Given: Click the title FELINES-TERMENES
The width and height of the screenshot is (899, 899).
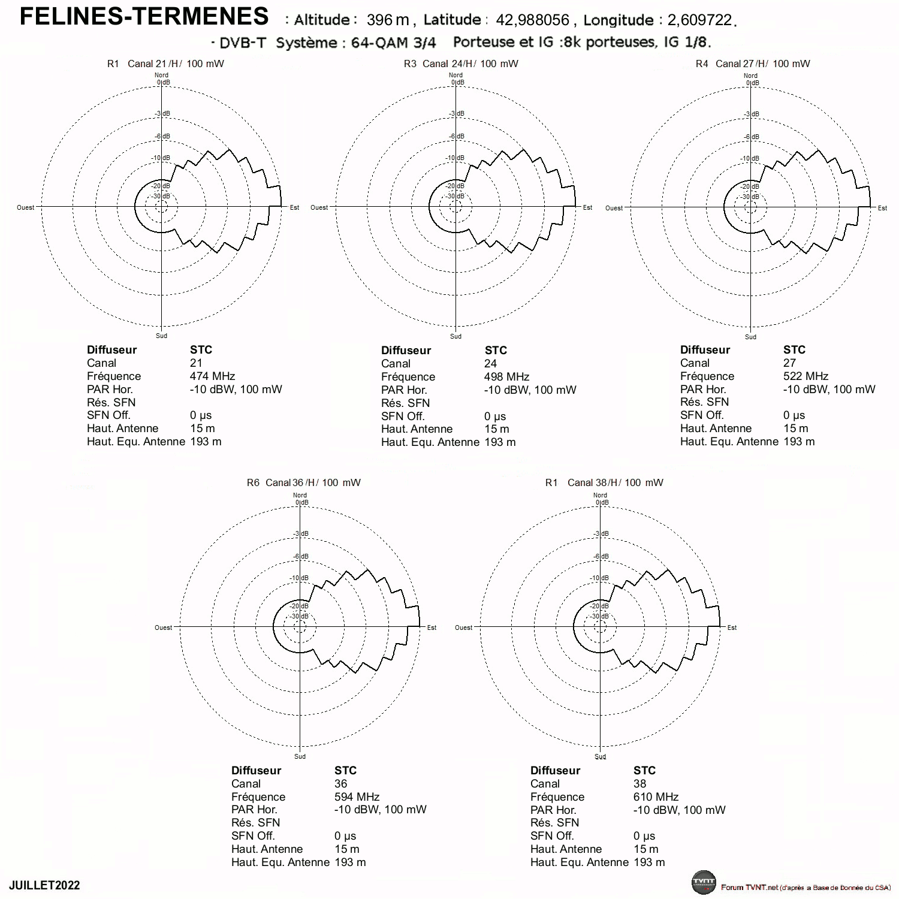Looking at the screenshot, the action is [144, 16].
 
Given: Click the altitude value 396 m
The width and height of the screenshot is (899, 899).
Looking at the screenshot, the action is [388, 20].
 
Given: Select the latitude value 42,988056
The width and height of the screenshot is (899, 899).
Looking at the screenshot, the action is [532, 20].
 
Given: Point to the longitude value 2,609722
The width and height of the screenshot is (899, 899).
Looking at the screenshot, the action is [699, 20].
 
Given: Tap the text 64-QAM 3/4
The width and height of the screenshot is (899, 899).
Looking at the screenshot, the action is [394, 43].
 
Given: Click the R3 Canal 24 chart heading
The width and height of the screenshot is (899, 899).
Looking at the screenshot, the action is [461, 64].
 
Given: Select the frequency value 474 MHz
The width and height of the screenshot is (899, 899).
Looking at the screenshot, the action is [213, 376].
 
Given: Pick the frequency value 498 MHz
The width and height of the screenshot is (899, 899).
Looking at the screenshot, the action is [507, 377].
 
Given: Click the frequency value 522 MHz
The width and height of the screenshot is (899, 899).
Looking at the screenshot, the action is [806, 376].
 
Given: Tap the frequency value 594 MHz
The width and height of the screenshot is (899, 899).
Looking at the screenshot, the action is [357, 797].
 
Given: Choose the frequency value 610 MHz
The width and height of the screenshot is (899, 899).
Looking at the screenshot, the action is [656, 797].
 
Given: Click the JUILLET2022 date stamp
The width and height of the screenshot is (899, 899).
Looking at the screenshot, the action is [44, 886].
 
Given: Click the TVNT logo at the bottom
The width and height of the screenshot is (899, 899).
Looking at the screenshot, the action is [704, 882].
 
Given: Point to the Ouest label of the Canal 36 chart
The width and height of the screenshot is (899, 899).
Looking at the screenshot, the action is [164, 628].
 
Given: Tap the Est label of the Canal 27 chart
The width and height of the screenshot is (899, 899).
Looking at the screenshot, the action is [882, 208].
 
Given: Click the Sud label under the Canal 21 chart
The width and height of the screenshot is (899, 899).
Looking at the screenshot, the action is [162, 336].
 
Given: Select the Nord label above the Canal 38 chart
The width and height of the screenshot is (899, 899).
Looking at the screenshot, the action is [600, 495].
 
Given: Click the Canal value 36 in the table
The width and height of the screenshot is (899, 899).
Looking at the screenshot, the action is [341, 784].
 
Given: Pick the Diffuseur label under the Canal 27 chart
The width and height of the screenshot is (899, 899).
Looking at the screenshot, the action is [705, 350].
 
